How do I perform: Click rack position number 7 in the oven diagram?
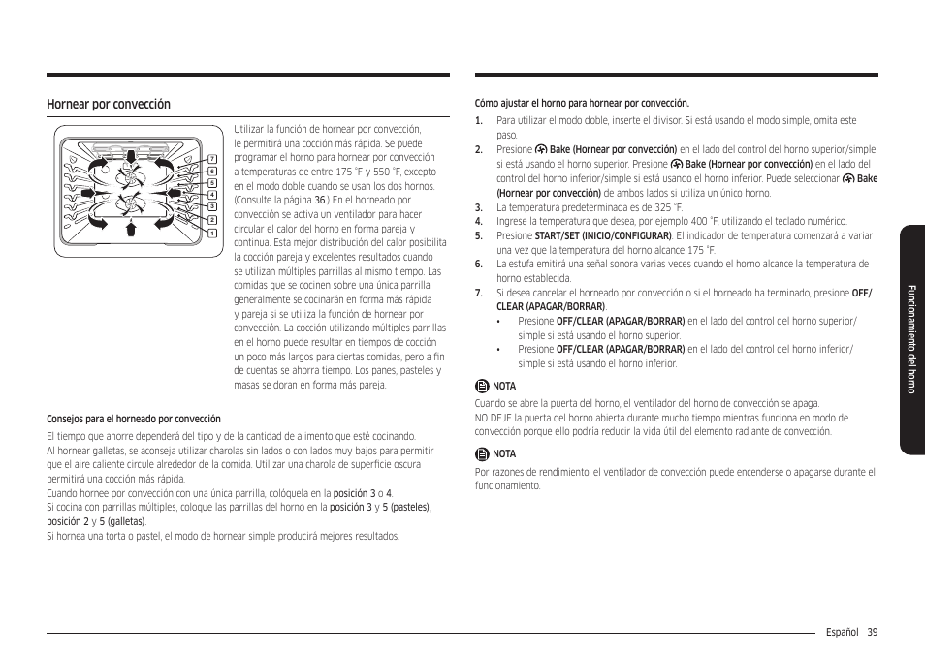tap(211, 158)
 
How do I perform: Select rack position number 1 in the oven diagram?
tap(211, 234)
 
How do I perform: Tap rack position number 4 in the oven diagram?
tap(211, 195)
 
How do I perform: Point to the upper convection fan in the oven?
tap(130, 176)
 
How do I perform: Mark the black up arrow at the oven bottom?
tap(130, 229)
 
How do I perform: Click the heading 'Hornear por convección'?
tap(109, 105)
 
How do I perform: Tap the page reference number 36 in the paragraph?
tap(319, 200)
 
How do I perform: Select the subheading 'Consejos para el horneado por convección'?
tap(134, 420)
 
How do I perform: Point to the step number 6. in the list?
tap(479, 264)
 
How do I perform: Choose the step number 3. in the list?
tap(479, 207)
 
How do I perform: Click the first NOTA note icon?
tap(482, 386)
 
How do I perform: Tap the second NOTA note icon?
tap(482, 453)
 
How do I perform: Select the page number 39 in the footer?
tap(873, 632)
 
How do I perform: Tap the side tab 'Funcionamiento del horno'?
tap(911, 339)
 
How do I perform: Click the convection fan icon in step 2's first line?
tap(541, 150)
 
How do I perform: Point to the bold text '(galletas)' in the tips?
tap(126, 521)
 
